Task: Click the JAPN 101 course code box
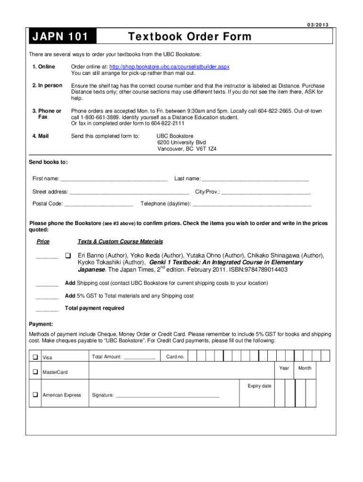(x=62, y=37)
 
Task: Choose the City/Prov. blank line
(x=266, y=192)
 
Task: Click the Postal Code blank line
(x=99, y=204)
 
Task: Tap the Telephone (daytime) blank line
(x=252, y=204)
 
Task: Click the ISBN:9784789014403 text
(x=258, y=270)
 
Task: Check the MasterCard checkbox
(x=35, y=372)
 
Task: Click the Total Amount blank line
(x=140, y=357)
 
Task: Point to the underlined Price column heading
(x=43, y=241)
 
